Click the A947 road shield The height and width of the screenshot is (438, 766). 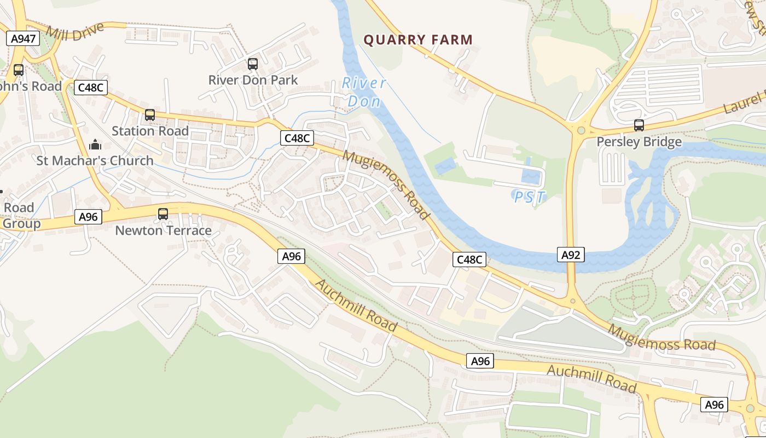[x=23, y=38]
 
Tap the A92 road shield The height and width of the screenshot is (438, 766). [x=571, y=254]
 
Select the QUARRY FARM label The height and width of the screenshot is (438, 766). [x=418, y=40]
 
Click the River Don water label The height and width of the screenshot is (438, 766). [x=364, y=92]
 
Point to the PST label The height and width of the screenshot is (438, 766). [x=530, y=197]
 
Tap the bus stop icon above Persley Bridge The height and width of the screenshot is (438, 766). [x=639, y=125]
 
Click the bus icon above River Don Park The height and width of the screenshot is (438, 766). [x=252, y=64]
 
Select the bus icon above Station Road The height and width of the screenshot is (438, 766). [x=149, y=115]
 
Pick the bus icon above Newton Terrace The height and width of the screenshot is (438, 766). [x=163, y=214]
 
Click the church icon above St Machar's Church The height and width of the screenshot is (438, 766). [x=96, y=145]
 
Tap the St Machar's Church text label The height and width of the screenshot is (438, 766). [x=95, y=160]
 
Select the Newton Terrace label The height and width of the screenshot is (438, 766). [x=163, y=230]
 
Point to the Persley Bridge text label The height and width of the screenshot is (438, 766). [x=639, y=142]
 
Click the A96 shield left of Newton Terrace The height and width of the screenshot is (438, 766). [x=88, y=217]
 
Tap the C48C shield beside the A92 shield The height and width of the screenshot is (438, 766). [x=469, y=260]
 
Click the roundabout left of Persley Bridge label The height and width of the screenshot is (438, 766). [x=581, y=130]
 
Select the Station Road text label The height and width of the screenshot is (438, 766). [x=150, y=131]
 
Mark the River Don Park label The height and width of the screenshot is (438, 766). [x=253, y=80]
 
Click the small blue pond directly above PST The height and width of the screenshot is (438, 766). [x=531, y=176]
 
